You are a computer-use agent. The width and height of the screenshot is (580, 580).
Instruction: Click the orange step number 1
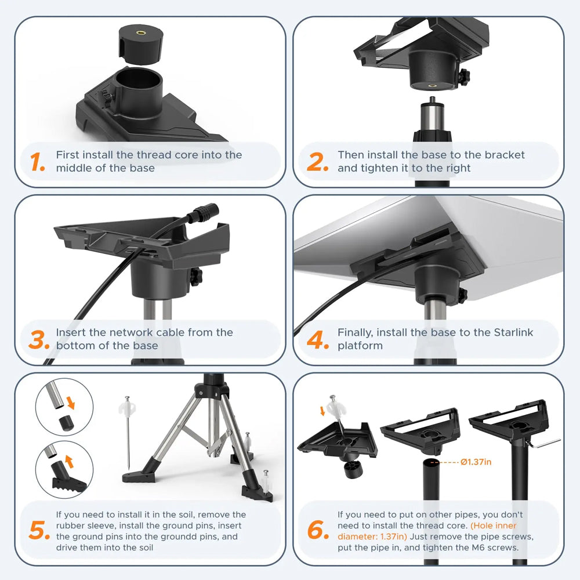37,162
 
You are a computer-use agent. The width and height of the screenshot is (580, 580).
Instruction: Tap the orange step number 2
317,162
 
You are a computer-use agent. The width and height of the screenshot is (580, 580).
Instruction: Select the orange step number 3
39,339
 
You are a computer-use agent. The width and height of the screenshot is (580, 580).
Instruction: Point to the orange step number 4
318,339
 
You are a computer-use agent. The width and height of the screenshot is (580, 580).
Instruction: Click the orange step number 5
39,530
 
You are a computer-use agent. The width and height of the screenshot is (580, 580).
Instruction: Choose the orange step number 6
318,530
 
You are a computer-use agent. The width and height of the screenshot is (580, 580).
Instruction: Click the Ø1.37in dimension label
476,462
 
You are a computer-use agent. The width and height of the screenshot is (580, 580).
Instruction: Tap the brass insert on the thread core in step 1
141,33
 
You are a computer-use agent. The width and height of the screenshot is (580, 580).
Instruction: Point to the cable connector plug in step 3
204,213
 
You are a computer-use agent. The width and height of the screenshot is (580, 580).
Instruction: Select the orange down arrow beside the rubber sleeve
70,402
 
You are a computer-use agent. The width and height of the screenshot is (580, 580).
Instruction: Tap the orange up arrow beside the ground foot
70,461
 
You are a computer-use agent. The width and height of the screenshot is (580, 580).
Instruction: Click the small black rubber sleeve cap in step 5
66,423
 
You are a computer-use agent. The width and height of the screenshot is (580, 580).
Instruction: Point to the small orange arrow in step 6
322,411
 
